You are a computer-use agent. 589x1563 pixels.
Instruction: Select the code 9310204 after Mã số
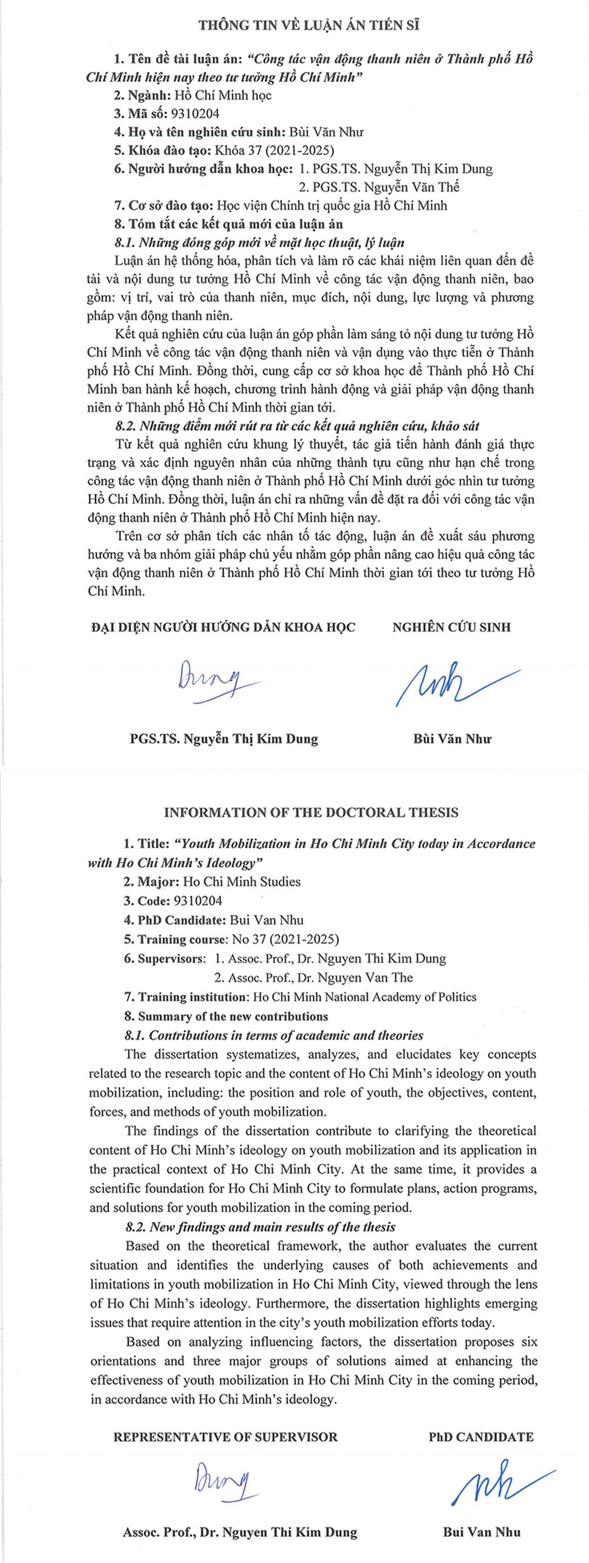(x=196, y=114)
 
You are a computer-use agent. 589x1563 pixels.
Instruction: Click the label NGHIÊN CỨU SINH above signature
(x=451, y=627)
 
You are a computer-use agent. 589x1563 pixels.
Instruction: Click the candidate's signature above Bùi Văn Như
(x=449, y=683)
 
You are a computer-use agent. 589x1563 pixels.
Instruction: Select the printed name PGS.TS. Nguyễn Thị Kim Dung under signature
(x=223, y=738)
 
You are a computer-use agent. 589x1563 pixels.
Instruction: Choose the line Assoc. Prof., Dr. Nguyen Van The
(x=313, y=977)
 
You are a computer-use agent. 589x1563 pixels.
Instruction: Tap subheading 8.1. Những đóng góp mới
(x=259, y=242)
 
